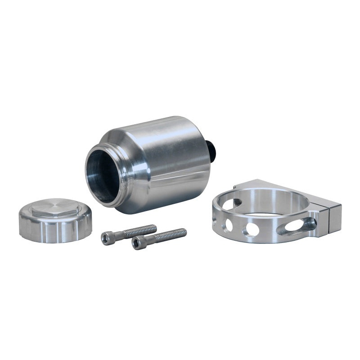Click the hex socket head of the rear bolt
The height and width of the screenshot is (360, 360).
(x=106, y=238)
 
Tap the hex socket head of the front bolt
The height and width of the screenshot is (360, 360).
(x=137, y=243)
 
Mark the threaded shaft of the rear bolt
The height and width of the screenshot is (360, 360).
(x=139, y=231)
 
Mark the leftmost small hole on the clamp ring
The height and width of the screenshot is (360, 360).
(x=216, y=221)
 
